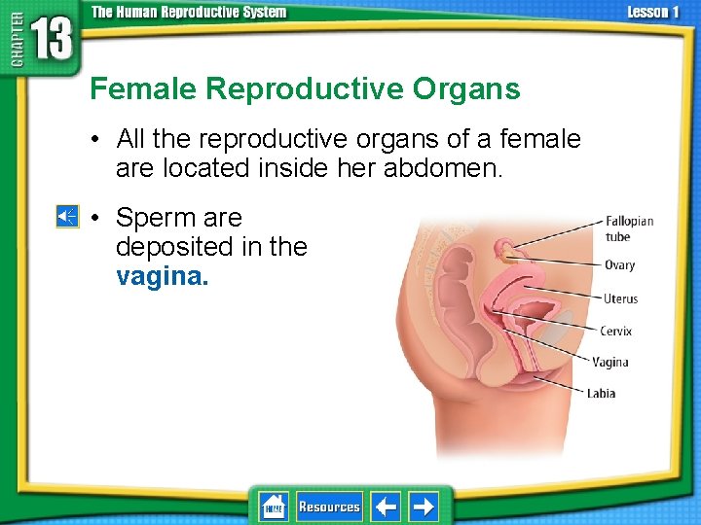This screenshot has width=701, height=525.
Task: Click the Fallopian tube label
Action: click(x=629, y=228)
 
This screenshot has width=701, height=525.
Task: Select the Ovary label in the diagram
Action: click(x=619, y=264)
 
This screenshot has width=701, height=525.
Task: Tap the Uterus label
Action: click(x=620, y=298)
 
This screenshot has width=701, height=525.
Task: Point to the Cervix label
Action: click(x=615, y=331)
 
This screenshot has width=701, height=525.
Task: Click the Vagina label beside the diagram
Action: click(x=610, y=362)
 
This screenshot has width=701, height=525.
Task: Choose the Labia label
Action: click(x=601, y=394)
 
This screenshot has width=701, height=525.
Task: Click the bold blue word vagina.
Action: click(x=162, y=277)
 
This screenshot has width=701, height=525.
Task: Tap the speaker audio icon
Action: click(x=66, y=216)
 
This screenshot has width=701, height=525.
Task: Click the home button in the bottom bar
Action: click(x=273, y=507)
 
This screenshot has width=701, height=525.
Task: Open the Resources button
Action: click(x=329, y=507)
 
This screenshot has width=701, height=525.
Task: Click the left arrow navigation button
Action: click(x=386, y=507)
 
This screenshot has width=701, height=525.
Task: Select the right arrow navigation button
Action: click(x=424, y=507)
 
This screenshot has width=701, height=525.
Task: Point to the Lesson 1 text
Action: click(x=653, y=13)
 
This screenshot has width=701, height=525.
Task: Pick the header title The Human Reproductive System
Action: click(x=189, y=13)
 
